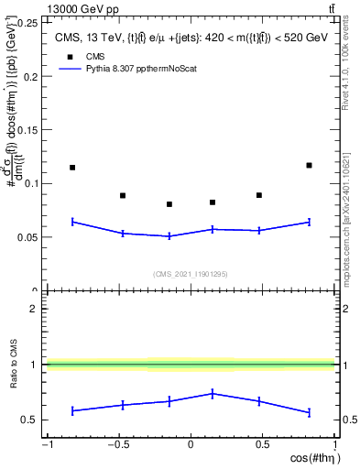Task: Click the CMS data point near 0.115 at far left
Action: (x=72, y=168)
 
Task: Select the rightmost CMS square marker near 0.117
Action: (x=309, y=165)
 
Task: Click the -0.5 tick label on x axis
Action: (x=118, y=446)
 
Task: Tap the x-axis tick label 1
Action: (x=333, y=446)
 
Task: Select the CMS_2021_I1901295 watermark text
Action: (x=190, y=274)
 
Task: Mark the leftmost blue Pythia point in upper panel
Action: (x=72, y=221)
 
